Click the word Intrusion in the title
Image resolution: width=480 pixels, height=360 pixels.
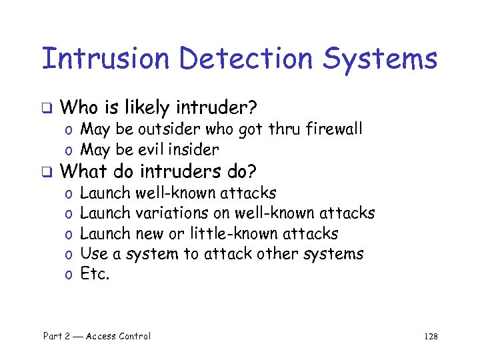click(x=105, y=59)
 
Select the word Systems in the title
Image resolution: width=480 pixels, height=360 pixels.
click(x=381, y=59)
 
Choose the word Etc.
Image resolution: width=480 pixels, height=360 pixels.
click(x=95, y=273)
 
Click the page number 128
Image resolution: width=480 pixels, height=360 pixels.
click(x=431, y=337)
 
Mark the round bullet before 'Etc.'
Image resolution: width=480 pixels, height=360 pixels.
click(x=69, y=275)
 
